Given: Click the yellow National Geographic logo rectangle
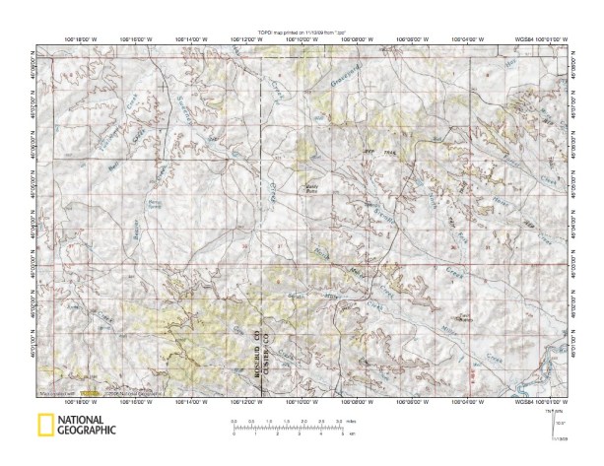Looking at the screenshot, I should [45, 426].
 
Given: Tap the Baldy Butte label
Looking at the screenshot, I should [313, 184].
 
